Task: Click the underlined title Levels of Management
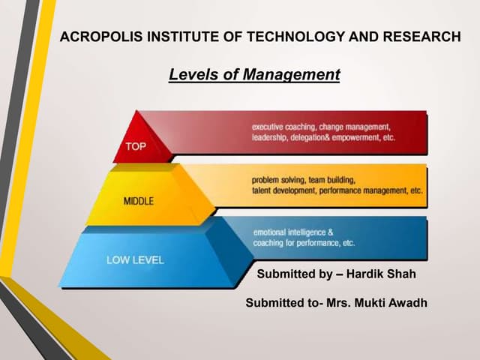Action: (254, 75)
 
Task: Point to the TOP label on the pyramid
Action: (136, 146)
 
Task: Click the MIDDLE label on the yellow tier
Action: (140, 201)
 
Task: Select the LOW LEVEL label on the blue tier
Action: (136, 260)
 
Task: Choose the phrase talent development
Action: (282, 192)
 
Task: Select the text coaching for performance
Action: (296, 243)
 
